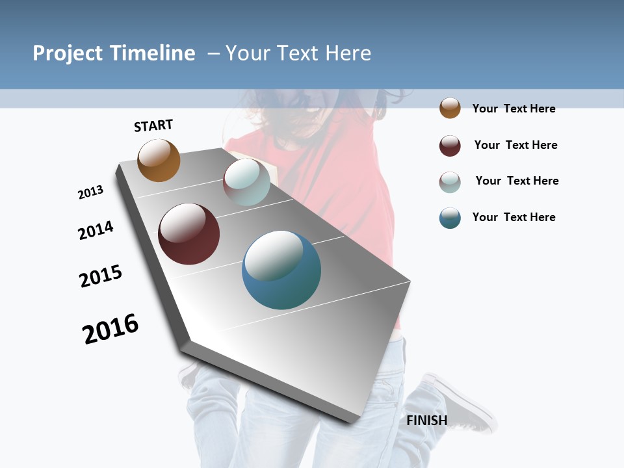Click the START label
pos(153,125)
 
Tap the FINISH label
pos(426,421)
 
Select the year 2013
pos(90,192)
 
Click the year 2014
pos(96,230)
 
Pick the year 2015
pos(101,276)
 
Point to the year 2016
pos(110,329)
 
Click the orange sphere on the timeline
pos(159,161)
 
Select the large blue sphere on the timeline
pos(281,270)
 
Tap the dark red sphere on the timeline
pos(188,234)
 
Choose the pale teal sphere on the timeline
pos(246,182)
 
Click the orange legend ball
pos(450,108)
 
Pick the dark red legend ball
pos(450,146)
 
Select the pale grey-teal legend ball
pos(450,182)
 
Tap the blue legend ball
pos(450,218)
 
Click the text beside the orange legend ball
pos(513,109)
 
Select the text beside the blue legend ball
pos(513,217)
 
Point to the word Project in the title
pos(68,53)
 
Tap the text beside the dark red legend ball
pos(515,145)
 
